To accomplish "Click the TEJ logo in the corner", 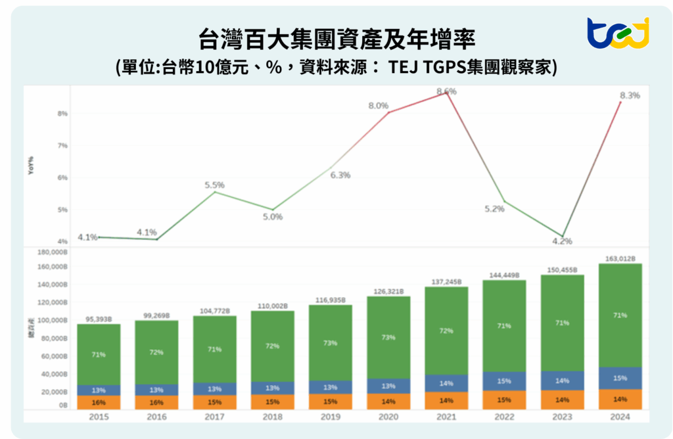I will pyautogui.click(x=617, y=34).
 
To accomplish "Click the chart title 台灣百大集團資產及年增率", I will pyautogui.click(x=336, y=37).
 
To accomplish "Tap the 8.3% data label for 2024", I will pyautogui.click(x=630, y=95).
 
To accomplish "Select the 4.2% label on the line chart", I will pyautogui.click(x=562, y=241).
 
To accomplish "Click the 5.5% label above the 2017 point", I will pyautogui.click(x=215, y=185).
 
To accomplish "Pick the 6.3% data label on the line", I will pyautogui.click(x=340, y=175).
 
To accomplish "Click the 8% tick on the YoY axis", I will pyautogui.click(x=62, y=113).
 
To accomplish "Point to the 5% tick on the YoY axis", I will pyautogui.click(x=62, y=210).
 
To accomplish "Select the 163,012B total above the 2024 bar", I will pyautogui.click(x=620, y=258).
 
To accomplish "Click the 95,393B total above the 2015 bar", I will pyautogui.click(x=99, y=319).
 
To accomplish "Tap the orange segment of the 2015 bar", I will pyautogui.click(x=99, y=402).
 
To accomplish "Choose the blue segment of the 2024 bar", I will pyautogui.click(x=620, y=378).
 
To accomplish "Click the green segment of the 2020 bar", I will pyautogui.click(x=388, y=337).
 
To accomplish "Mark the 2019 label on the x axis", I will pyautogui.click(x=331, y=416).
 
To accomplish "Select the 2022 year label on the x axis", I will pyautogui.click(x=504, y=416).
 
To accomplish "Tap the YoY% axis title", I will pyautogui.click(x=31, y=166).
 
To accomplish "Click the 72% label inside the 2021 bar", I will pyautogui.click(x=446, y=331).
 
